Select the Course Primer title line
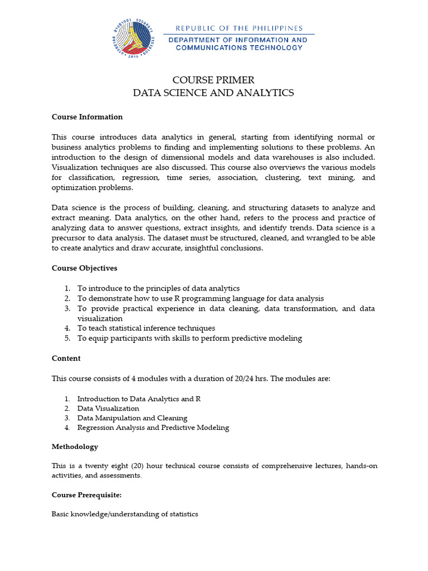pyautogui.click(x=213, y=80)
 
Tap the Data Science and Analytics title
pyautogui.click(x=213, y=93)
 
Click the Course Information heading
pyautogui.click(x=87, y=117)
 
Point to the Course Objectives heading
pyautogui.click(x=84, y=268)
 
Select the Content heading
pyautogui.click(x=66, y=359)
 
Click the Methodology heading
pyautogui.click(x=75, y=447)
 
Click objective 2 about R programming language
pyautogui.click(x=200, y=298)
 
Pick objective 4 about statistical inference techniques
pyautogui.click(x=146, y=328)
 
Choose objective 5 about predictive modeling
pyautogui.click(x=189, y=338)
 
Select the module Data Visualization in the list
pyautogui.click(x=108, y=408)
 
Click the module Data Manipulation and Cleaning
pyautogui.click(x=132, y=418)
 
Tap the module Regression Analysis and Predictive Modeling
pyautogui.click(x=153, y=428)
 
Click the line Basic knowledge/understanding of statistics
pyautogui.click(x=125, y=514)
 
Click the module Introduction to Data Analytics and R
pyautogui.click(x=139, y=399)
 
